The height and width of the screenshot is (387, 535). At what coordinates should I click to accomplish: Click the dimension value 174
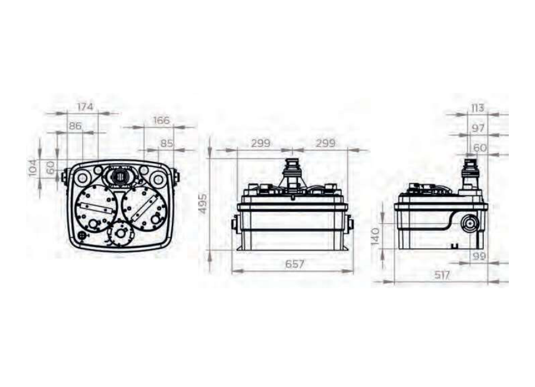click(84, 107)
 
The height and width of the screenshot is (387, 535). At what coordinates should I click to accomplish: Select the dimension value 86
click(75, 126)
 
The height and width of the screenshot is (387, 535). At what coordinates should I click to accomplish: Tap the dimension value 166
click(161, 120)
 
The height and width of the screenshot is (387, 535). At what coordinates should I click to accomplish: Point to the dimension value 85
click(166, 143)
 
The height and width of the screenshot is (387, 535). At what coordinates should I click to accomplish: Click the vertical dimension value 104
click(33, 168)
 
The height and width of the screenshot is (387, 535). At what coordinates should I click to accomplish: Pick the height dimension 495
click(202, 204)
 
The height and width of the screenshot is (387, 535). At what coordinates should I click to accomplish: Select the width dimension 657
click(294, 264)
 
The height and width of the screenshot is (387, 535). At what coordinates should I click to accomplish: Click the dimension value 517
click(442, 275)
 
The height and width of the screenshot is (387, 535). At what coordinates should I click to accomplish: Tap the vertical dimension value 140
click(374, 236)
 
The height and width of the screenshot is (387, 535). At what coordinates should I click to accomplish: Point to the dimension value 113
click(477, 108)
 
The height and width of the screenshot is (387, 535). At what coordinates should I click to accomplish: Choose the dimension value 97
click(478, 128)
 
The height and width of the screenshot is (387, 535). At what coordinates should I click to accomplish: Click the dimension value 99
click(478, 256)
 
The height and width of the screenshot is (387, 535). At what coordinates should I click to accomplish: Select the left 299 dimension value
click(260, 143)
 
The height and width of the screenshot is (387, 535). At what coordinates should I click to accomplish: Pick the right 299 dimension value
click(325, 143)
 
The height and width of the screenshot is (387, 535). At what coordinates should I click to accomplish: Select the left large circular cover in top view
click(95, 209)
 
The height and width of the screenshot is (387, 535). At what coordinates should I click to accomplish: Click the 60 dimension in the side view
click(480, 148)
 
